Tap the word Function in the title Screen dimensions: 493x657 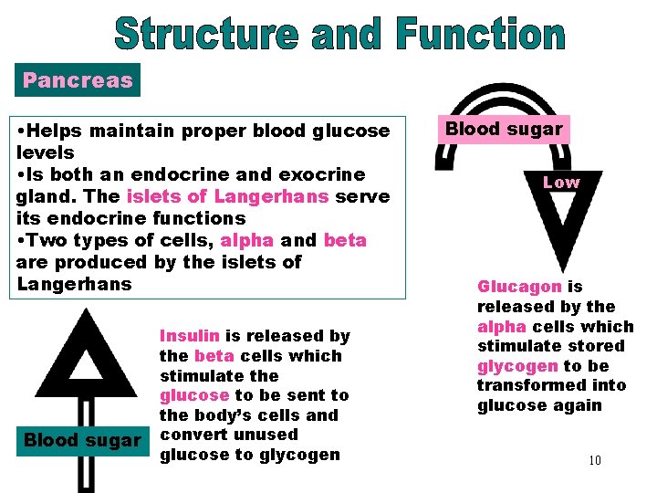[x=481, y=35]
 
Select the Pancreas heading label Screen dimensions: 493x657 [x=78, y=79]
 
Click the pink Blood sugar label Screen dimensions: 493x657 [x=504, y=129]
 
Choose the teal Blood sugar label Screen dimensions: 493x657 [x=83, y=440]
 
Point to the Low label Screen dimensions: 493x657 [x=561, y=182]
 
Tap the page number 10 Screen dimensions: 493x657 [x=594, y=460]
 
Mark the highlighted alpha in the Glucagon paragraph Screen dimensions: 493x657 [x=500, y=326]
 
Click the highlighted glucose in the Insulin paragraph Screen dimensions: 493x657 [x=194, y=395]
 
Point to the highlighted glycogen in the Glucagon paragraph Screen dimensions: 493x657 [x=517, y=366]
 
